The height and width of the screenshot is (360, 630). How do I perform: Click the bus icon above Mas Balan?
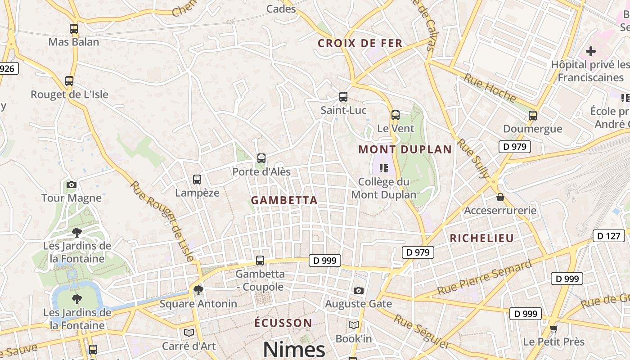pyautogui.click(x=74, y=29)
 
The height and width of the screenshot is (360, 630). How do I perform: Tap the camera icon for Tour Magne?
pyautogui.click(x=71, y=184)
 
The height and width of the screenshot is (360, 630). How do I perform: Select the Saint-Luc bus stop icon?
pyautogui.click(x=343, y=97)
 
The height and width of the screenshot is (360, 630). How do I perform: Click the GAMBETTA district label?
pyautogui.click(x=284, y=200)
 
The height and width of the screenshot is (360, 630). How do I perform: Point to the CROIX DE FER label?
pyautogui.click(x=360, y=44)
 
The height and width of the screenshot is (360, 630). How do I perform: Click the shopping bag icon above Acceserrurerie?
pyautogui.click(x=500, y=197)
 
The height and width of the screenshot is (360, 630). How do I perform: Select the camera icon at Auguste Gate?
pyautogui.click(x=358, y=290)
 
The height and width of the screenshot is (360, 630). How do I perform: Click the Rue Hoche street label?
pyautogui.click(x=490, y=87)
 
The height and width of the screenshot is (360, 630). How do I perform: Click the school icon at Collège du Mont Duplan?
pyautogui.click(x=383, y=168)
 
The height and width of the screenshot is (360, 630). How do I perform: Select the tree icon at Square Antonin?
pyautogui.click(x=198, y=290)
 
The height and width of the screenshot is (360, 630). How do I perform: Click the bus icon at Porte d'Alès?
pyautogui.click(x=261, y=158)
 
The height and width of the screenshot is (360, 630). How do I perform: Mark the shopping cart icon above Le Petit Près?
pyautogui.click(x=553, y=328)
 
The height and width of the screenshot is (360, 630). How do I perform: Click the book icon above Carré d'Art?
pyautogui.click(x=189, y=333)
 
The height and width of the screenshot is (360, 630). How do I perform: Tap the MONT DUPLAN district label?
pyautogui.click(x=405, y=149)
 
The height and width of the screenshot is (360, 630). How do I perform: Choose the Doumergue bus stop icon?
pyautogui.click(x=533, y=116)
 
